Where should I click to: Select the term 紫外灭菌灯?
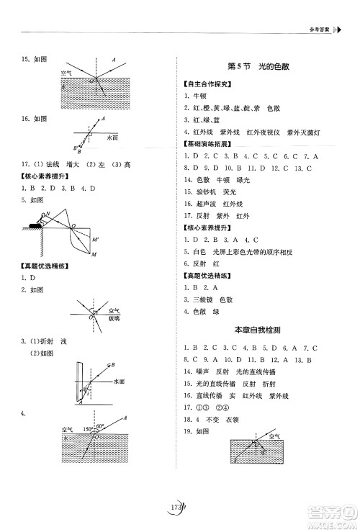pos(302,133)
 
